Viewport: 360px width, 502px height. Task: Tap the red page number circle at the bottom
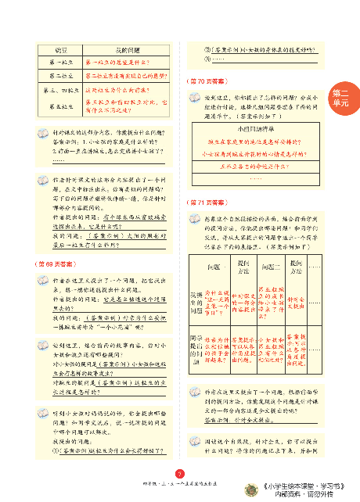(180, 472)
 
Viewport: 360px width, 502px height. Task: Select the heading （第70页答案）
(206, 81)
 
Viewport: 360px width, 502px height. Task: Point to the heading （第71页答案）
(206, 202)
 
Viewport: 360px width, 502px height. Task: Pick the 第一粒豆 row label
(61, 62)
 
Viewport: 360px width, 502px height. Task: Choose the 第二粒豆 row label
(61, 76)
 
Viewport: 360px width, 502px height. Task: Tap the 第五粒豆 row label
(61, 105)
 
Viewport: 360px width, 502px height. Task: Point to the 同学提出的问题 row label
(200, 349)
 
